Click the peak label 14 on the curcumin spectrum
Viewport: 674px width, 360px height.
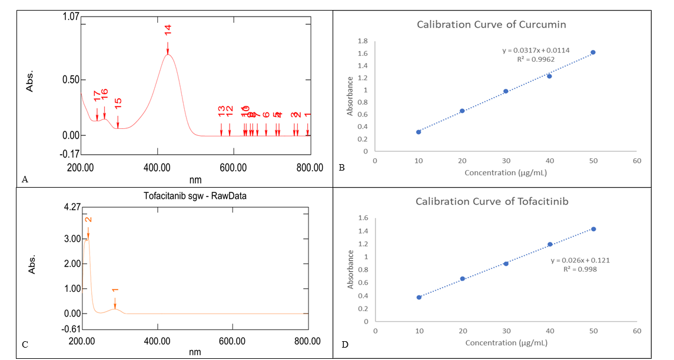click(x=168, y=31)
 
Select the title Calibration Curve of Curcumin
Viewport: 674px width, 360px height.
click(x=492, y=25)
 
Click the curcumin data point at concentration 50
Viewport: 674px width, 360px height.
click(x=593, y=52)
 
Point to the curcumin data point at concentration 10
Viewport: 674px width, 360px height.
click(x=419, y=132)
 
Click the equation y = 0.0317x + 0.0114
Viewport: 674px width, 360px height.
click(x=536, y=51)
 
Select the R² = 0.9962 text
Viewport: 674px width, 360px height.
click(x=536, y=59)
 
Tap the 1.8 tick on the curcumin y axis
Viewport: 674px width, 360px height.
click(x=363, y=41)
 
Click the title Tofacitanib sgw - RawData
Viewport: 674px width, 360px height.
click(x=195, y=196)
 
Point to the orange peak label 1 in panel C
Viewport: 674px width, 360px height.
click(x=115, y=290)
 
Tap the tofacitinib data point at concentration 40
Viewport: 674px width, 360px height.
click(x=550, y=244)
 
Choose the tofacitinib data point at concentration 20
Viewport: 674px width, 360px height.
click(x=462, y=278)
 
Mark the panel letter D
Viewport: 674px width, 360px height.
click(x=344, y=345)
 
